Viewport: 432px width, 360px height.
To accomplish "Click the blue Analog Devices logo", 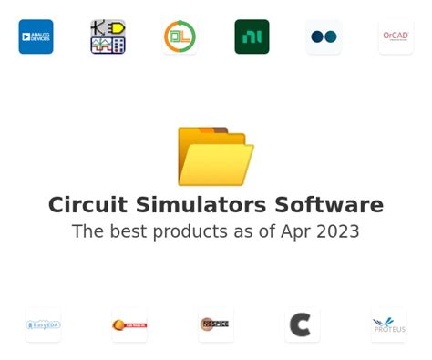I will click(36, 36).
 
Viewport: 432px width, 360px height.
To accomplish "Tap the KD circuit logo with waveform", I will click(108, 36).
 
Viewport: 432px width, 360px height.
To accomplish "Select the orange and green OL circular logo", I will click(180, 36).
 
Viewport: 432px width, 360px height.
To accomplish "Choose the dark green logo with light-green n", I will click(252, 36).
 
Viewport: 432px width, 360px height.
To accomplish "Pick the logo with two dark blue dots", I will click(324, 36).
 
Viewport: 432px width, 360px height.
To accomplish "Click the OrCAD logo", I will click(396, 36).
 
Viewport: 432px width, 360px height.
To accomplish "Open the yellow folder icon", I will click(215, 156).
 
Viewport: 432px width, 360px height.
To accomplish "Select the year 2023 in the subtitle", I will click(338, 231).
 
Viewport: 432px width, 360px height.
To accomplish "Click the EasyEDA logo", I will click(43, 324).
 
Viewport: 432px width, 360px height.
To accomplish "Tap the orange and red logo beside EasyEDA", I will click(129, 324).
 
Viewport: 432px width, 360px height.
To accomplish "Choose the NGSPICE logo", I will click(216, 324).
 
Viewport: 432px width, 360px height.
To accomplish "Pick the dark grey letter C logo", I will click(302, 324).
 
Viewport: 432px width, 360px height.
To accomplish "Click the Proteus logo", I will click(388, 324).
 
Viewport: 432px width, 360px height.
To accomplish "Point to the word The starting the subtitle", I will click(87, 231).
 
